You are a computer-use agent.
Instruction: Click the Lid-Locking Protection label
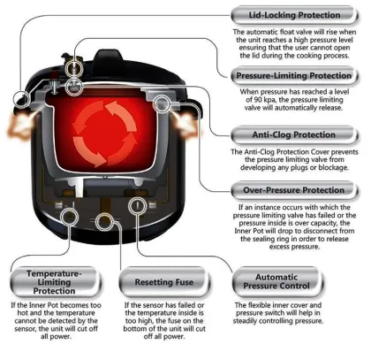[293, 15]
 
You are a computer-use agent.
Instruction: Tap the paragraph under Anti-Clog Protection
[293, 161]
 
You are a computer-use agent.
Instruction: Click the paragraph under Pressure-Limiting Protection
[293, 103]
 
